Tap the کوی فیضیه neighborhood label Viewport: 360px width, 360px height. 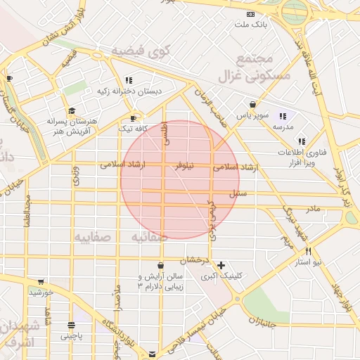tap(141, 50)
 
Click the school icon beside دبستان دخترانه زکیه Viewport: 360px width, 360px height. tap(129, 80)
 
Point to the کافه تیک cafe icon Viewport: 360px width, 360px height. tap(133, 118)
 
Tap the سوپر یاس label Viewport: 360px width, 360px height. tap(249, 114)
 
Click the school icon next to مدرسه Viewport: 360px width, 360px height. tap(283, 117)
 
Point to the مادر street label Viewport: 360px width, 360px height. tap(311, 208)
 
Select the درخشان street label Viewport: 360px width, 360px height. tap(199, 259)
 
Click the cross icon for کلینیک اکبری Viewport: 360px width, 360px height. tap(222, 266)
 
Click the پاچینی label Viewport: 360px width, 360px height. tap(71, 336)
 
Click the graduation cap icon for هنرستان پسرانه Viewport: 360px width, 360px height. tap(72, 111)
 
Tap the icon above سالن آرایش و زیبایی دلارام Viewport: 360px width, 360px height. tap(161, 266)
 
